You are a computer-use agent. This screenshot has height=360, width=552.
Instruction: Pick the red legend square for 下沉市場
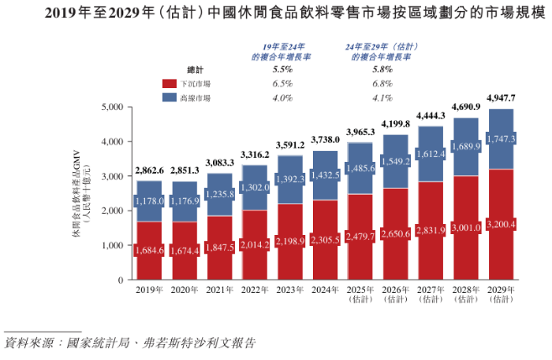point(168,84)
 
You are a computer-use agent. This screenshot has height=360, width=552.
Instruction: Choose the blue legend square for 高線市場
point(168,98)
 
